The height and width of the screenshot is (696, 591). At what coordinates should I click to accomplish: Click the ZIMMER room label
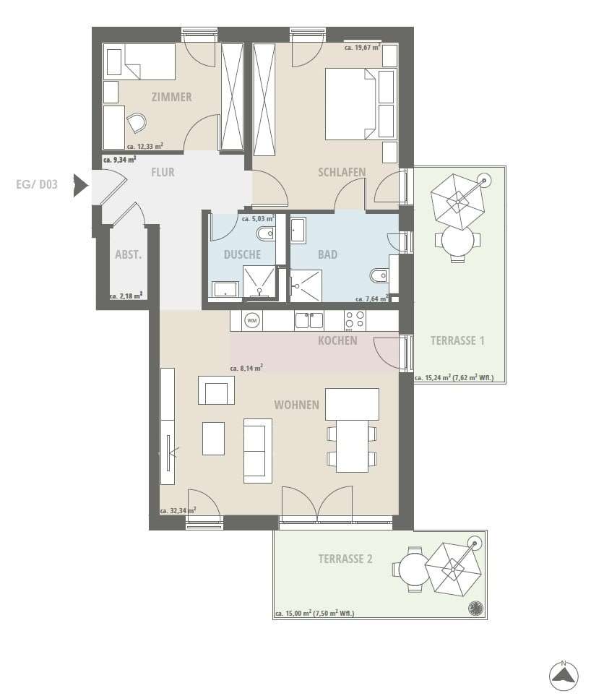tap(172, 97)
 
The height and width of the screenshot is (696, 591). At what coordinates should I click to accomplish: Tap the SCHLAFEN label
tap(342, 172)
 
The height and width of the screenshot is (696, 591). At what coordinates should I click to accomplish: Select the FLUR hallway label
tap(163, 172)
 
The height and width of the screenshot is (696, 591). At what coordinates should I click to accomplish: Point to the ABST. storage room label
tap(128, 255)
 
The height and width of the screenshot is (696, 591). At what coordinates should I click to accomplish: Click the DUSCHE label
tap(242, 255)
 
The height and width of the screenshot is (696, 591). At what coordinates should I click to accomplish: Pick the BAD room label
tap(328, 255)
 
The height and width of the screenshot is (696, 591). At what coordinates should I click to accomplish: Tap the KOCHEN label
tap(337, 341)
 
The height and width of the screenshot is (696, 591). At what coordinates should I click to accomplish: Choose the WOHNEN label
tap(297, 405)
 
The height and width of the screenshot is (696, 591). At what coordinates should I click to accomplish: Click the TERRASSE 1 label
tap(457, 341)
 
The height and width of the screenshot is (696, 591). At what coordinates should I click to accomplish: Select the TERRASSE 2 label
tap(345, 559)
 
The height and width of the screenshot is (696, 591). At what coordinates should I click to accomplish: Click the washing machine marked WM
tap(252, 320)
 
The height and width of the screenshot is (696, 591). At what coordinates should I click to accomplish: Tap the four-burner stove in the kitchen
tap(355, 320)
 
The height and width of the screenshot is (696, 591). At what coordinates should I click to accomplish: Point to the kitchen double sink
tap(309, 320)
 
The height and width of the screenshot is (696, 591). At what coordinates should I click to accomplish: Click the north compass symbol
tap(564, 676)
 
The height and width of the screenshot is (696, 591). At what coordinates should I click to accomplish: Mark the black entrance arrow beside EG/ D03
tap(81, 185)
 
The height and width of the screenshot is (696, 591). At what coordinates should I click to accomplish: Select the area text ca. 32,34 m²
tap(178, 510)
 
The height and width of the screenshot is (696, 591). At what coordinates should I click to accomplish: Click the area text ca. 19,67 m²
tap(363, 47)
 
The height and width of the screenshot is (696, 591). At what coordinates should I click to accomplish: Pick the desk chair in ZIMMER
tap(136, 123)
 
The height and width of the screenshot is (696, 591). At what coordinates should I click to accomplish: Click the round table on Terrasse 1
tap(458, 241)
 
